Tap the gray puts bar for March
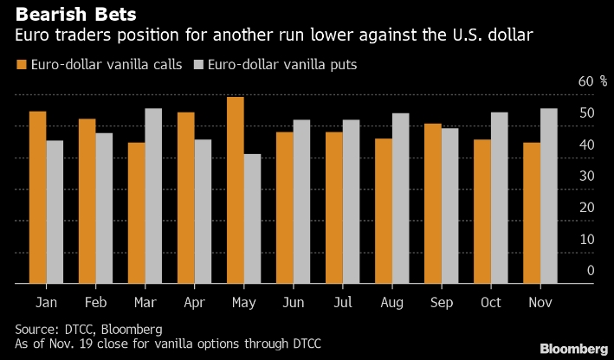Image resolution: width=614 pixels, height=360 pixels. pos(153,196)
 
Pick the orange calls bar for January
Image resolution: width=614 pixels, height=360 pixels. pos(37,197)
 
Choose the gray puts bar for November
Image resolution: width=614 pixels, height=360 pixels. pos(549,196)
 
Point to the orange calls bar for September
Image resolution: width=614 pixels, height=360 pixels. pos(433,203)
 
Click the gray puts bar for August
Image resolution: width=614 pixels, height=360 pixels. pos(400,199)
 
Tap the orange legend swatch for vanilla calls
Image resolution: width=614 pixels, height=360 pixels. pos(21,65)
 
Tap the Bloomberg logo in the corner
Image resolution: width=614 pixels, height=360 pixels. pos(572,348)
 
